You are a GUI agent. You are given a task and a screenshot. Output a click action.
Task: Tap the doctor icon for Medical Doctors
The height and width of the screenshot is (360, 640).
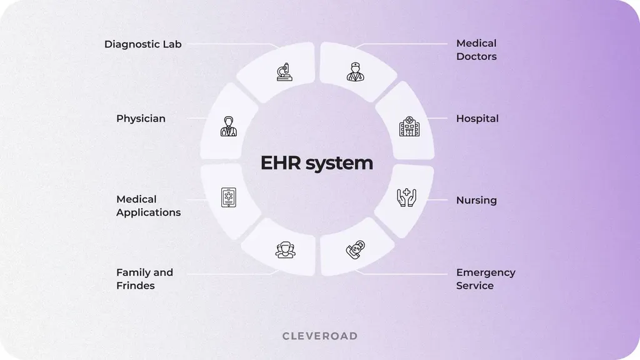point(355,71)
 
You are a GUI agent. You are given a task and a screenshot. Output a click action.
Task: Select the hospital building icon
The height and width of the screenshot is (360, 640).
point(410,127)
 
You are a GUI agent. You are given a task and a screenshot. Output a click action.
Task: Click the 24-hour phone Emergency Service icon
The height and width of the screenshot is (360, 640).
point(355,250)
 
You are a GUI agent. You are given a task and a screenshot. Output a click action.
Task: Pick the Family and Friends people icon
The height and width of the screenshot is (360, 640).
point(285,250)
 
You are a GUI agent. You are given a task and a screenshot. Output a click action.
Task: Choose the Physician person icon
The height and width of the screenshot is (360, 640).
point(229,127)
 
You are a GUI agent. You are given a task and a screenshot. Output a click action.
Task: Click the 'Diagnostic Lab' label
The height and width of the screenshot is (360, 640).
point(142,44)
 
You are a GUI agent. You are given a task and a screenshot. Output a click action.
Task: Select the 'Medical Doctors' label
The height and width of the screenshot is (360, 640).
point(476,50)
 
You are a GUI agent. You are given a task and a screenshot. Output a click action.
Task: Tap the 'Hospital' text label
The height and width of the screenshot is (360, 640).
point(477,119)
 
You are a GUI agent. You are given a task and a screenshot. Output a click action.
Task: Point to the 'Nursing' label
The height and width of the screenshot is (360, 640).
point(476,201)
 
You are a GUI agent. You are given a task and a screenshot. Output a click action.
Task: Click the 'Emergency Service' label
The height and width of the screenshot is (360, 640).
point(486,279)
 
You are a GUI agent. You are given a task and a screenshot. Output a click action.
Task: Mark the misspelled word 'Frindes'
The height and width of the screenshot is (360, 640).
point(136,286)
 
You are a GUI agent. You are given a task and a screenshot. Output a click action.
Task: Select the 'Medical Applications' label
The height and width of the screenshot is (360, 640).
point(148,206)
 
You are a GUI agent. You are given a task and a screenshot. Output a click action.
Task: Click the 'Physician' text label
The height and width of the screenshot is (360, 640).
point(141,119)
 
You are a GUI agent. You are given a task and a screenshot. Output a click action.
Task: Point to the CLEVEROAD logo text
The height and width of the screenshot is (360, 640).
point(320,336)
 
